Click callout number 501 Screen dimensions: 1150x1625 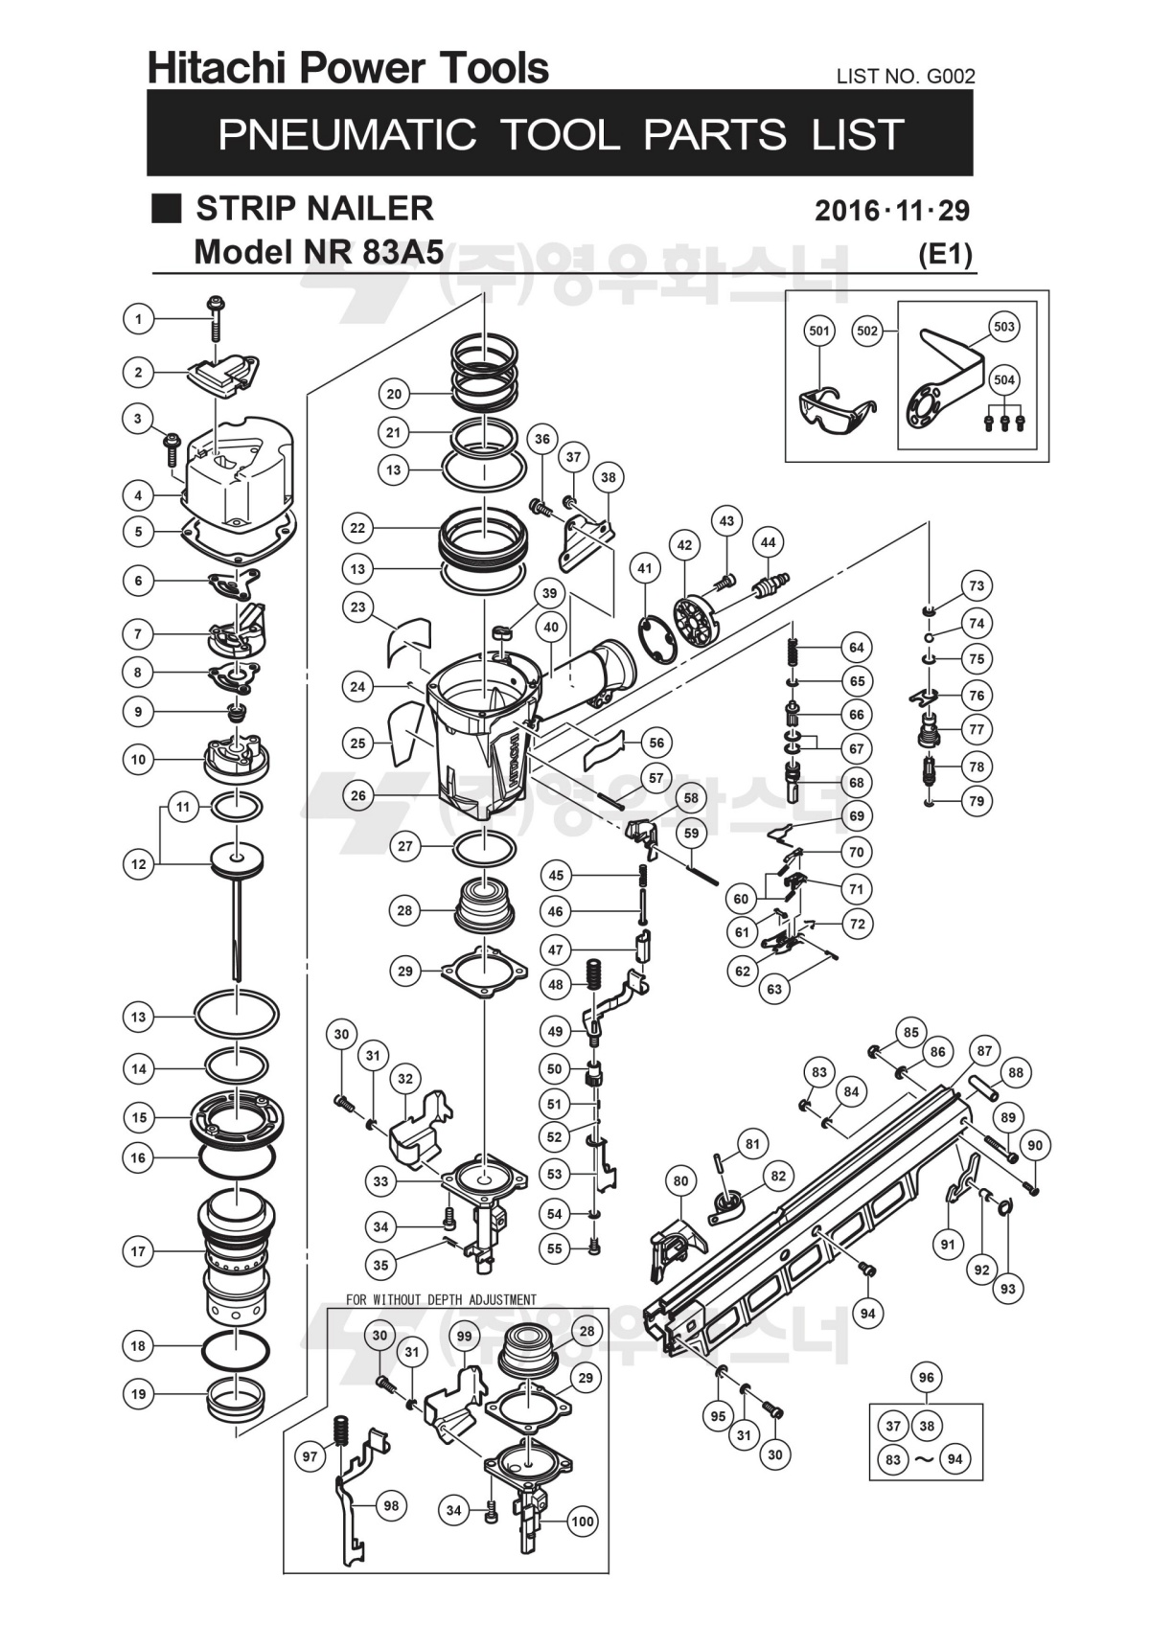coord(819,331)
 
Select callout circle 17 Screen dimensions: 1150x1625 coord(138,1250)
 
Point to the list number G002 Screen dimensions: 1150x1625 coord(951,77)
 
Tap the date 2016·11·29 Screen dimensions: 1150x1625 coord(892,211)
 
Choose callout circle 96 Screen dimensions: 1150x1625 coord(927,1377)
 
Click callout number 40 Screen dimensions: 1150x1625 coord(551,627)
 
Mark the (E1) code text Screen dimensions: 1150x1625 coord(945,255)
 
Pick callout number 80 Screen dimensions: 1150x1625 coord(680,1181)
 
